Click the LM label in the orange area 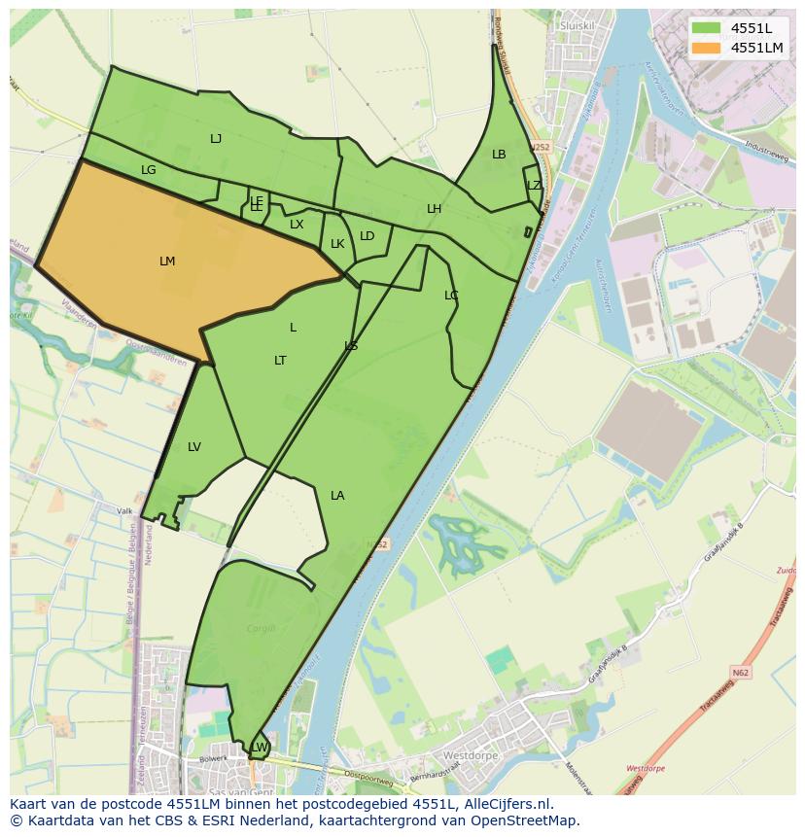[x=167, y=262]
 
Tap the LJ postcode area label [x=216, y=139]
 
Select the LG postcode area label [x=148, y=170]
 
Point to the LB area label [x=499, y=155]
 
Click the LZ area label [x=534, y=186]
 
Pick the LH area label [x=434, y=209]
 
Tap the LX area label [x=297, y=225]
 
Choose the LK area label [x=337, y=244]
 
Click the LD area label [x=367, y=236]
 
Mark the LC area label [x=451, y=296]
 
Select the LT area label [x=280, y=361]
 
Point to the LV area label [x=194, y=447]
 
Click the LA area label [x=337, y=496]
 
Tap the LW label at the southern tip [x=260, y=747]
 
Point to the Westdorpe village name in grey [x=471, y=755]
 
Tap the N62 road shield [x=741, y=672]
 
